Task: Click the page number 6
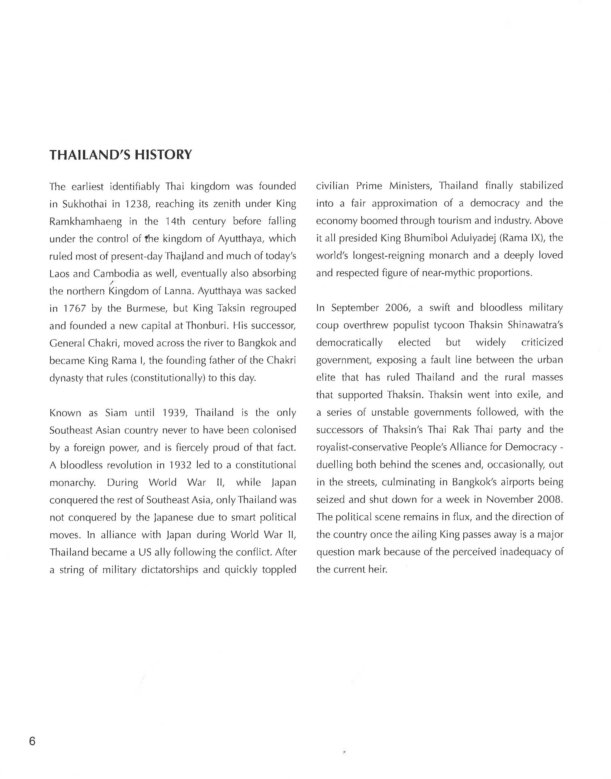(32, 741)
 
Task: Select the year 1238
(136, 204)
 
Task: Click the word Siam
(116, 413)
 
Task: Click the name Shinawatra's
(533, 325)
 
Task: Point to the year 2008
(550, 499)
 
